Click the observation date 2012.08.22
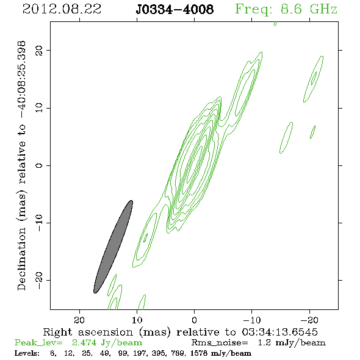[x=62, y=9]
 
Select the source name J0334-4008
[x=175, y=9]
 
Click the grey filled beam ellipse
[x=113, y=247]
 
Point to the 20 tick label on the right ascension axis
[x=79, y=320]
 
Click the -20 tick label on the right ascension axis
[x=309, y=320]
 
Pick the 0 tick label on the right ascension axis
[x=194, y=320]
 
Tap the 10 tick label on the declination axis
[x=39, y=108]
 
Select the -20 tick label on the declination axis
[x=39, y=280]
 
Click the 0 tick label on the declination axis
[x=39, y=165]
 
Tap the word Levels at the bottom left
[x=27, y=353]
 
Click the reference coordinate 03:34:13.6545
[x=279, y=332]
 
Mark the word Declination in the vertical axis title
[x=21, y=259]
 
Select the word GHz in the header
[x=323, y=9]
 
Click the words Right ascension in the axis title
[x=88, y=332]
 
